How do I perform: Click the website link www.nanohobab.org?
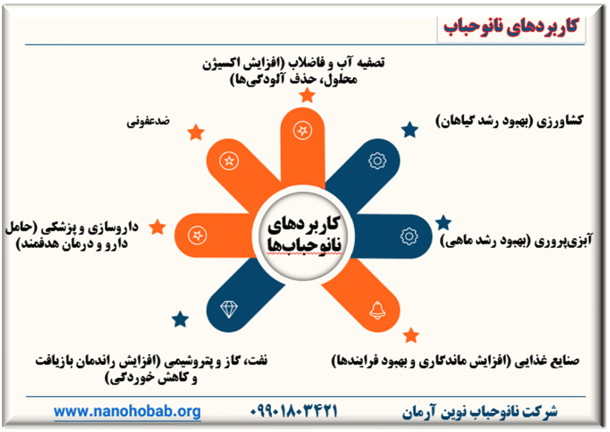click(127, 411)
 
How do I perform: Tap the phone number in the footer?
click(294, 411)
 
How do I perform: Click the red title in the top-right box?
click(511, 27)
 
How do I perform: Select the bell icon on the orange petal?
click(377, 310)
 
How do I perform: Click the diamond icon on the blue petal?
click(229, 309)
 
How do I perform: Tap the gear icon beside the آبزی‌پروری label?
click(409, 236)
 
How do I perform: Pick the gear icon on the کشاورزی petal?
click(377, 161)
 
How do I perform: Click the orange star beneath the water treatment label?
click(307, 95)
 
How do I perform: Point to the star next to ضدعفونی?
click(196, 132)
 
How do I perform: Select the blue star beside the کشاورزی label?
click(409, 129)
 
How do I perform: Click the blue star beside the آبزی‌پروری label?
click(443, 223)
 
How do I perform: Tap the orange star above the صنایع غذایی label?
click(411, 335)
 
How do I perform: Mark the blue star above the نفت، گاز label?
click(180, 319)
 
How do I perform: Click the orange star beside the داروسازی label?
click(158, 227)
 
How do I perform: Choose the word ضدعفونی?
click(148, 121)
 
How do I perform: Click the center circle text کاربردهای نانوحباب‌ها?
click(303, 235)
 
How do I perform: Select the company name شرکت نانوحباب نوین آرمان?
click(479, 411)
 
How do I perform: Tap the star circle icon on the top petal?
click(302, 131)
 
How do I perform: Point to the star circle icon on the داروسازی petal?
click(197, 235)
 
